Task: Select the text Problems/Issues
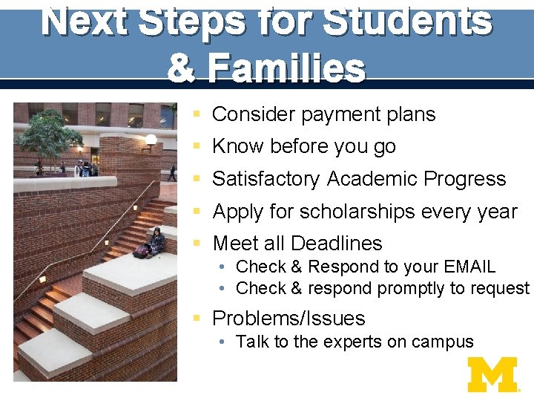pos(289,319)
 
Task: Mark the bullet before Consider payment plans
pos(196,114)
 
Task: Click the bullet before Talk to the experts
pos(222,342)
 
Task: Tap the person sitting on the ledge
pos(156,242)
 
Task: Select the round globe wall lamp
pos(151,139)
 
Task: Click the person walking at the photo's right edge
pos(172,172)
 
